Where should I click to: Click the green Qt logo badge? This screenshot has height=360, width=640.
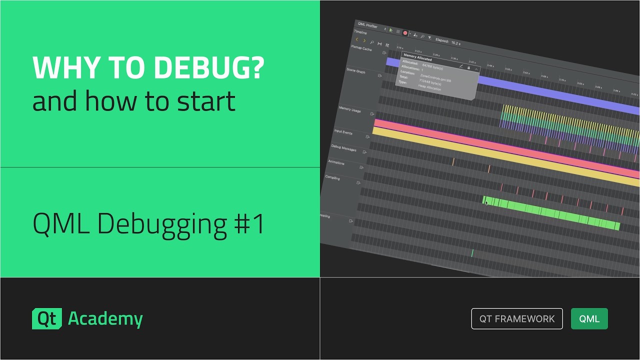pos(47,319)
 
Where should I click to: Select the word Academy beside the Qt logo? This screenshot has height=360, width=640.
pos(105,319)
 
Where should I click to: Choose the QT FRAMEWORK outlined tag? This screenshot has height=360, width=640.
pos(517,319)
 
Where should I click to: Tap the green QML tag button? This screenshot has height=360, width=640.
pos(589,319)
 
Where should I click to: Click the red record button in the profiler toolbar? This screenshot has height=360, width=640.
pos(405,33)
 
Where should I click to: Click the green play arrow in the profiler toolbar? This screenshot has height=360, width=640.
pos(391,31)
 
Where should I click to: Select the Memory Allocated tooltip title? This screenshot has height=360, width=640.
pos(417,57)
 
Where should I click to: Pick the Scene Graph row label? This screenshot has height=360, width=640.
pos(356,71)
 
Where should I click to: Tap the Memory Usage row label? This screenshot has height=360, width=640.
pos(349,109)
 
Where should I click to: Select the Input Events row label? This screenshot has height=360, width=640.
pos(343,132)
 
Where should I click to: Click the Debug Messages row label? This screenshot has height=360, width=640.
pos(343,148)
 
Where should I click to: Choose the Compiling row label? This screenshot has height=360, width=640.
pos(332,177)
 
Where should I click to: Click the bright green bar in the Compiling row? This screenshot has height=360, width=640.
pos(550,213)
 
